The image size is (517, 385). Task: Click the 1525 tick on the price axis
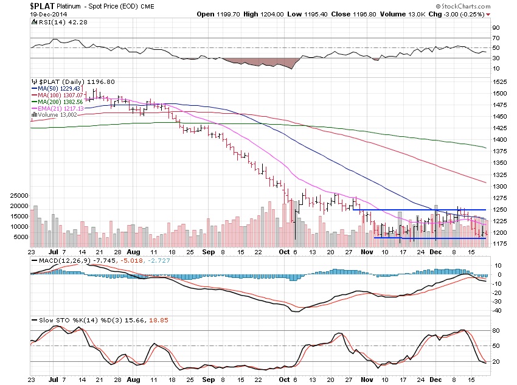(x=499, y=82)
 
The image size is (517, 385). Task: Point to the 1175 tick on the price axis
(x=499, y=244)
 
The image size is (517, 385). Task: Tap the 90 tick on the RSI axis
(x=496, y=28)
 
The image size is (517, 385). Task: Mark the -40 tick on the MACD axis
(x=496, y=310)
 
